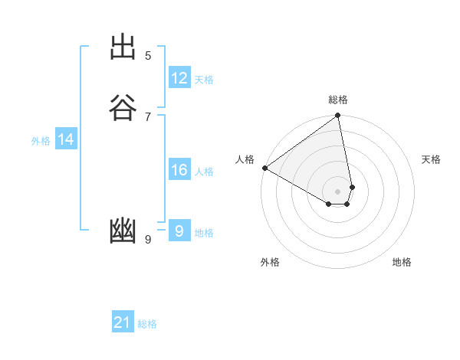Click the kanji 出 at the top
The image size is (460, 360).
(x=123, y=47)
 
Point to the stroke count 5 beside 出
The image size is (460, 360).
(x=148, y=55)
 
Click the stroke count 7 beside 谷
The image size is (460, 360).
(x=148, y=116)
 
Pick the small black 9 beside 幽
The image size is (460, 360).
(x=148, y=240)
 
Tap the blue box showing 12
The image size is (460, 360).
(x=179, y=78)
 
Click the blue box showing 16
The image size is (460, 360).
(x=179, y=170)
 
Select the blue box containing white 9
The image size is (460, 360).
(x=179, y=231)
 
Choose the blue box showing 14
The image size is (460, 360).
(x=66, y=139)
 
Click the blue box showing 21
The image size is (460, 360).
(x=123, y=322)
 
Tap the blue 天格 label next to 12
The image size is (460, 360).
(x=204, y=80)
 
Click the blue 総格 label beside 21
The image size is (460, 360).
(x=147, y=324)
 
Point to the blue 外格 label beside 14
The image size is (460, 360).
(x=41, y=141)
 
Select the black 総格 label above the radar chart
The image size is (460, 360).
(x=338, y=100)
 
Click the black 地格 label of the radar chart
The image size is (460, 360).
(x=402, y=262)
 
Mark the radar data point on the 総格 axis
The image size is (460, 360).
(x=337, y=116)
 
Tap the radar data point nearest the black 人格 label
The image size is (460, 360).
(x=264, y=168)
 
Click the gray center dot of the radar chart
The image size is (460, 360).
(x=338, y=191)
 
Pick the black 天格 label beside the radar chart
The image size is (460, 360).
(x=431, y=159)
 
